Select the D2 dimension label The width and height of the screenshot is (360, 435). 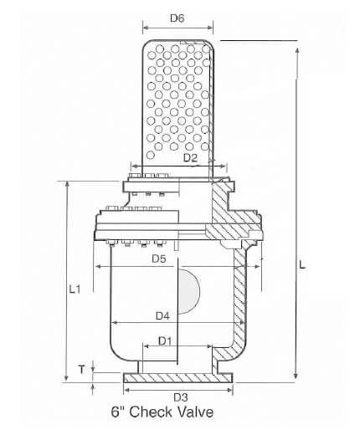(x=189, y=157)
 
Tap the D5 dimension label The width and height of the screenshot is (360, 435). (x=159, y=259)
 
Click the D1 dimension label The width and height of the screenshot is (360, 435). (x=165, y=341)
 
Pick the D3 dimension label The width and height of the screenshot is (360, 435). (x=180, y=396)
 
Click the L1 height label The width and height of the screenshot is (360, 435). (x=74, y=289)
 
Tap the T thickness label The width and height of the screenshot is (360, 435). (x=81, y=368)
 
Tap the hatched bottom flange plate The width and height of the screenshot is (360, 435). (x=177, y=381)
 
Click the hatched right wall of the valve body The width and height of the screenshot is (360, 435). (x=242, y=310)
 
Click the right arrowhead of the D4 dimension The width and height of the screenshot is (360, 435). (x=241, y=323)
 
